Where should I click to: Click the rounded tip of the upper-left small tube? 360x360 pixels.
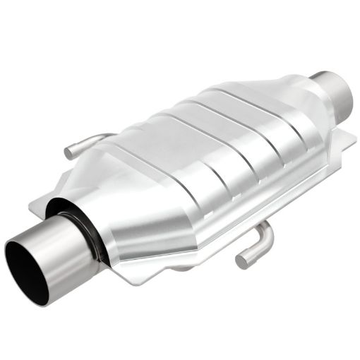pyautogui.click(x=68, y=152)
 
